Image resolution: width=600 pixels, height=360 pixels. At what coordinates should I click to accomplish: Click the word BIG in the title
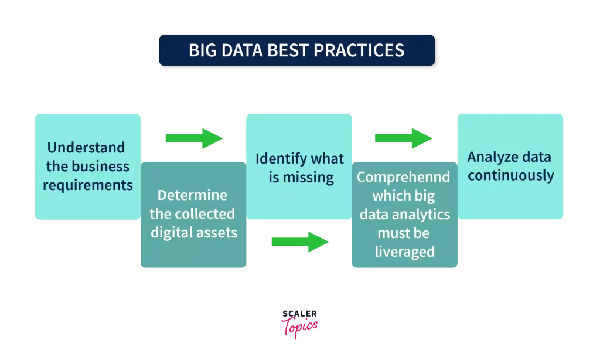pos(203,50)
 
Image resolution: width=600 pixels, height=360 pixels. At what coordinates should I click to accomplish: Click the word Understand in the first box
pos(86,147)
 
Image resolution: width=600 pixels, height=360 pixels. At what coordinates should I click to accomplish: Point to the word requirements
pos(88,185)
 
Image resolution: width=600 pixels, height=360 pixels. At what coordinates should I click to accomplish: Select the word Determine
pos(192,195)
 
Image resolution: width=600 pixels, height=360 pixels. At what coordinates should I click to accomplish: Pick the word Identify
pos(275,159)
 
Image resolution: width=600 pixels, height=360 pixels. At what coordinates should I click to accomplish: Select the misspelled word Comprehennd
pos(403,177)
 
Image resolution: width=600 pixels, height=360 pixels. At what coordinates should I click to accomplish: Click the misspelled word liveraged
pos(405,252)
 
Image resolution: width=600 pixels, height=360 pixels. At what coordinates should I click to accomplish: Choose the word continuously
pos(511,176)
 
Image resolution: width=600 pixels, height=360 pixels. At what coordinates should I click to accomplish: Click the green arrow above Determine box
pos(194,138)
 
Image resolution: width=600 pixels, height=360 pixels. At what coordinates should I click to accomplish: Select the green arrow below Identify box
pos(300,242)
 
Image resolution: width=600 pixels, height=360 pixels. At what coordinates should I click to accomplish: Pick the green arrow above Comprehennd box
pos(403,138)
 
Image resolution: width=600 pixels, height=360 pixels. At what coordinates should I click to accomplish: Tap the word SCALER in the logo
pos(299,314)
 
